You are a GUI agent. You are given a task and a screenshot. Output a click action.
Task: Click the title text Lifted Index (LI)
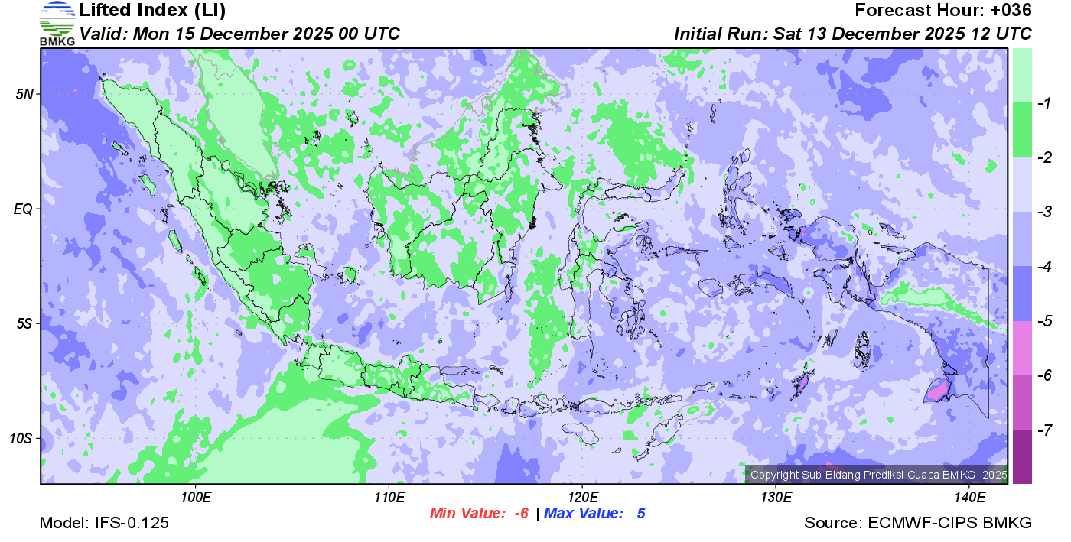[x=152, y=11]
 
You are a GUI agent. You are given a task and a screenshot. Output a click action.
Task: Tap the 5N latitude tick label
[x=24, y=94]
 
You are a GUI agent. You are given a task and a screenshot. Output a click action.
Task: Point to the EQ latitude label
[x=24, y=209]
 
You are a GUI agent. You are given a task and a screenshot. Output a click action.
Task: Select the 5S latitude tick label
[x=24, y=323]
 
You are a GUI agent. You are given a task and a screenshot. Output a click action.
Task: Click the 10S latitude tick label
[x=21, y=438]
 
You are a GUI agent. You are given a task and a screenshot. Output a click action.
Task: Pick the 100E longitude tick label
[x=196, y=498]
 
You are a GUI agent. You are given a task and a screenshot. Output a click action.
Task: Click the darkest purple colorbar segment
[x=1022, y=456]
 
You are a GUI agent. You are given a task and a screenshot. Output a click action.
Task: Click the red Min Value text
[x=480, y=514]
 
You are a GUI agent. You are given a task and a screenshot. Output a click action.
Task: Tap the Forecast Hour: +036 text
[x=943, y=11]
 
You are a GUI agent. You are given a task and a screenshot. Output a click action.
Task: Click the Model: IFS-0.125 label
[x=104, y=524]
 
